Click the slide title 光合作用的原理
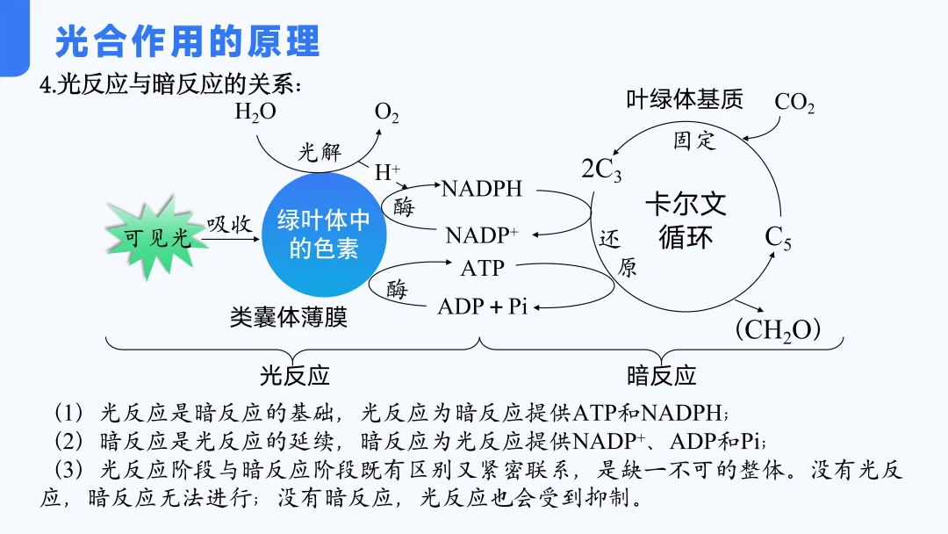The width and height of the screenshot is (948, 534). tap(187, 41)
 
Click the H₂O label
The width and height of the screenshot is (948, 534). tap(255, 112)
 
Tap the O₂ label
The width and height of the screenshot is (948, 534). tap(387, 112)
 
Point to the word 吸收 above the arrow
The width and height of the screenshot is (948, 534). tap(231, 224)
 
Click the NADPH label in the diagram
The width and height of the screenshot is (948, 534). tap(482, 189)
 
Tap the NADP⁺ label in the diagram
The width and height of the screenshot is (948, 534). tap(482, 235)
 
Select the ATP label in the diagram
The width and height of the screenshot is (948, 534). tap(483, 267)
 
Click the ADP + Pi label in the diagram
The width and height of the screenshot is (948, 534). tap(482, 307)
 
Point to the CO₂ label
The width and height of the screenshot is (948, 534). tap(794, 103)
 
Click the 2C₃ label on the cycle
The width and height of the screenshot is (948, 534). tap(601, 170)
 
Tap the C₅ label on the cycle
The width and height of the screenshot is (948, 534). tap(778, 237)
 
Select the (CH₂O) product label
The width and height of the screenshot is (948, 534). tap(777, 330)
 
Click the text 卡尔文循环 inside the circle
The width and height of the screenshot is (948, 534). tap(686, 220)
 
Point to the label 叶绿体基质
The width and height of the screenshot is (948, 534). tap(685, 98)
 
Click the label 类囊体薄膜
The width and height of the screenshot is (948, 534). tap(289, 317)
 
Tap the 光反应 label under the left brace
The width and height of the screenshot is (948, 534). tap(294, 376)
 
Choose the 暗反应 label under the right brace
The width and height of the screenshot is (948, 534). tap(661, 376)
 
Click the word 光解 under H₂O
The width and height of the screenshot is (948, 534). tap(319, 151)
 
